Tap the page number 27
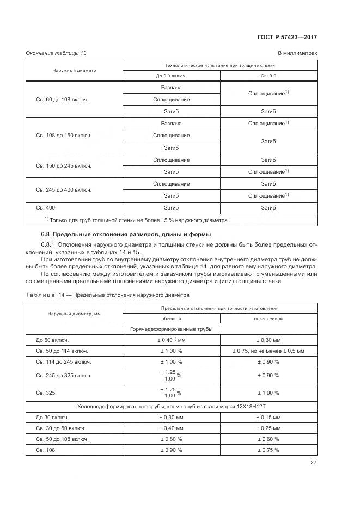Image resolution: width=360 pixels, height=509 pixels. pyautogui.click(x=313, y=463)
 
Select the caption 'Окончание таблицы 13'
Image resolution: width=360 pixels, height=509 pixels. pyautogui.click(x=56, y=53)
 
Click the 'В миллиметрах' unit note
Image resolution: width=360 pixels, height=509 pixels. pyautogui.click(x=297, y=53)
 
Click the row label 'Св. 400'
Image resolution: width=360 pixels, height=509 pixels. pyautogui.click(x=46, y=207)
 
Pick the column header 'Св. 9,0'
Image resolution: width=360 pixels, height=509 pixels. pyautogui.click(x=269, y=76)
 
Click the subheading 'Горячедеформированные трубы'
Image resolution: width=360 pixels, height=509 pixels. pyautogui.click(x=171, y=329)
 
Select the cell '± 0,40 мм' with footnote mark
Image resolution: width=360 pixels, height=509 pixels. pyautogui.click(x=171, y=340)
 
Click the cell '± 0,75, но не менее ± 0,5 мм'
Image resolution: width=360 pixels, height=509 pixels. pyautogui.click(x=269, y=351)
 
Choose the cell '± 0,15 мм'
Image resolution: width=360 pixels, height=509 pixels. pyautogui.click(x=269, y=417)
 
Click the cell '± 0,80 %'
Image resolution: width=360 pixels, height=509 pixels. pyautogui.click(x=171, y=439)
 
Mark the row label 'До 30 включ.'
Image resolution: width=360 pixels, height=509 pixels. pyautogui.click(x=52, y=417)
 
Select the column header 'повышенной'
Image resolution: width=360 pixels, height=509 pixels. pyautogui.click(x=269, y=318)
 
